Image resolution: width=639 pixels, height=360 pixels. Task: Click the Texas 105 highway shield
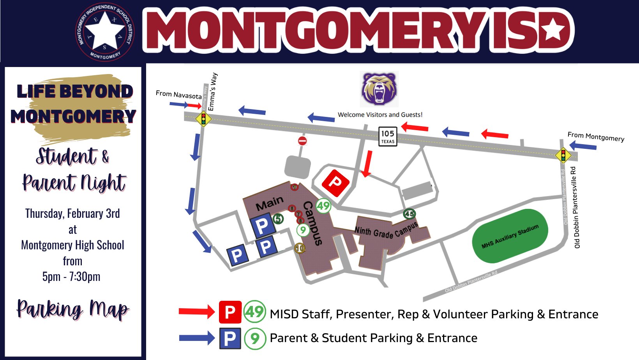click(x=388, y=136)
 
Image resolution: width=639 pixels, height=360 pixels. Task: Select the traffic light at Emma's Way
click(x=203, y=118)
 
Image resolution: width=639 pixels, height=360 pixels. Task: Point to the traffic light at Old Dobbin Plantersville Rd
click(x=563, y=155)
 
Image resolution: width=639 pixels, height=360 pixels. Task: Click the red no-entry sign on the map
click(x=302, y=141)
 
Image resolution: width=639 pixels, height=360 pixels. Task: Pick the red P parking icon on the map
click(x=335, y=182)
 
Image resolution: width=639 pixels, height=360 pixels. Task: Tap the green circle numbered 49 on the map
click(x=323, y=205)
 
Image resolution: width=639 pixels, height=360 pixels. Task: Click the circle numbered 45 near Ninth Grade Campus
click(x=409, y=214)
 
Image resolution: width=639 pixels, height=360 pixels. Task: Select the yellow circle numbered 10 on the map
click(x=300, y=248)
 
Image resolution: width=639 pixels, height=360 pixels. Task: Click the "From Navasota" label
click(x=178, y=94)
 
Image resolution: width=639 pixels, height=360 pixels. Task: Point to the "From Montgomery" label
click(x=596, y=137)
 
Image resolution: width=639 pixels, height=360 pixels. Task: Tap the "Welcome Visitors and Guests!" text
click(x=380, y=115)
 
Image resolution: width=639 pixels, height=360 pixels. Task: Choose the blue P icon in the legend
click(x=230, y=338)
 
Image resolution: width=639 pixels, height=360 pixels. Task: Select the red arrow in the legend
click(x=197, y=311)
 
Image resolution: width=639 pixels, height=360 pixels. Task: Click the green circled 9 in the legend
click(x=255, y=338)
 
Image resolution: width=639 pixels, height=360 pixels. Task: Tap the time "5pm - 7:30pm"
click(x=71, y=277)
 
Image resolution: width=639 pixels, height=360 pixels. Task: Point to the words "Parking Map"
click(x=72, y=309)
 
